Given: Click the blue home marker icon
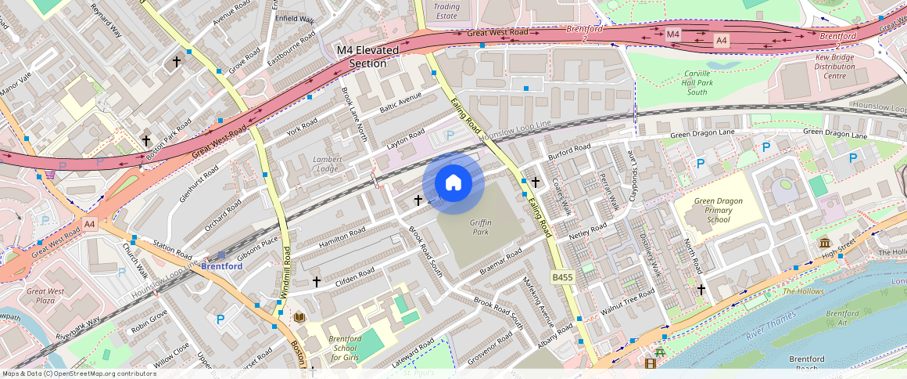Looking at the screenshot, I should (453, 183).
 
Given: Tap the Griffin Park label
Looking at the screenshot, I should (480, 227).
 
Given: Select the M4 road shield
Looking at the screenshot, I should (672, 34).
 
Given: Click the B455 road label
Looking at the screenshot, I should (562, 277).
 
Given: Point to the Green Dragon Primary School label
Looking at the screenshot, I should (718, 211).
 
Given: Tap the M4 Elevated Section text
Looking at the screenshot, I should (367, 56).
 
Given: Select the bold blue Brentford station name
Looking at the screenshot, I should (221, 266).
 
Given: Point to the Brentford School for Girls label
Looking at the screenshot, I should (345, 348).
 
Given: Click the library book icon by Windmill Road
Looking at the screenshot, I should (298, 317).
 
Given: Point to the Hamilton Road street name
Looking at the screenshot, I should (342, 238).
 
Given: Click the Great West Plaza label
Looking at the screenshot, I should (46, 295).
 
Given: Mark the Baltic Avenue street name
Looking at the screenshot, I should (400, 102).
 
